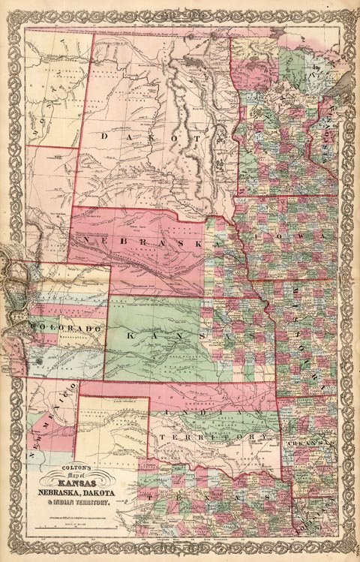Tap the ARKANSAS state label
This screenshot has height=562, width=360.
(x=308, y=444)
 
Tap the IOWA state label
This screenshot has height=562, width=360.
(x=309, y=235)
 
